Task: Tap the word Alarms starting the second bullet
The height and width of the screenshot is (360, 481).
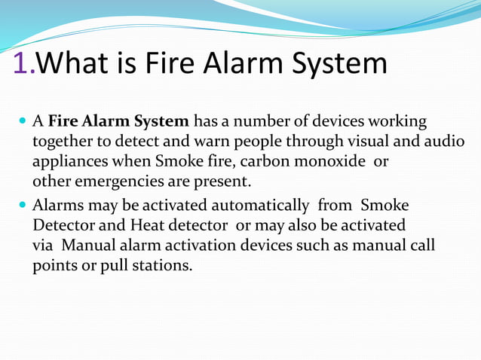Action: point(59,205)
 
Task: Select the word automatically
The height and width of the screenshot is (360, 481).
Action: point(259,205)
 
